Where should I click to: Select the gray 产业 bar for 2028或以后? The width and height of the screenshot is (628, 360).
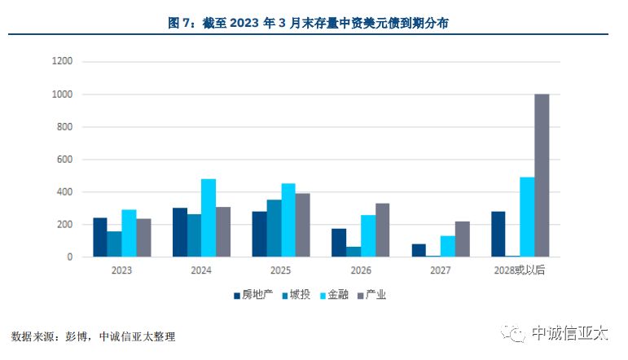click(542, 175)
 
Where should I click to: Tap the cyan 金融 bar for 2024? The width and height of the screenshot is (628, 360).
click(209, 218)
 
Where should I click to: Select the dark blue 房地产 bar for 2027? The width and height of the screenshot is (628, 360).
click(419, 250)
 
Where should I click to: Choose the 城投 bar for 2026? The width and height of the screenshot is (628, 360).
click(354, 252)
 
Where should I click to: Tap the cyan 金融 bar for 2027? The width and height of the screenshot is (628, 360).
click(448, 246)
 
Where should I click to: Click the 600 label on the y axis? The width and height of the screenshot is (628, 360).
click(64, 160)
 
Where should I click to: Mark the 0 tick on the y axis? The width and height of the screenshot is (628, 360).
click(70, 257)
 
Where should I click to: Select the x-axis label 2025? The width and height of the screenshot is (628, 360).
click(281, 270)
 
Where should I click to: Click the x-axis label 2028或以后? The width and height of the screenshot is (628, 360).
click(519, 270)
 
